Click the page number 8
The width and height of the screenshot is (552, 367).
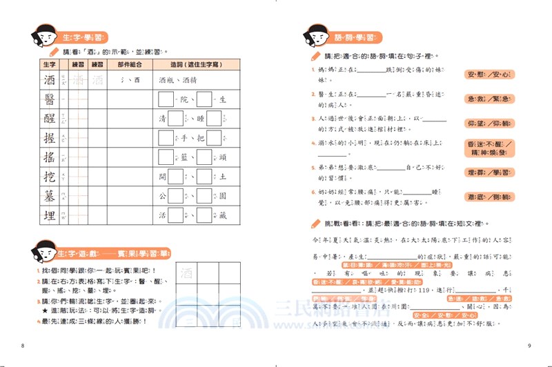click(x=23, y=345)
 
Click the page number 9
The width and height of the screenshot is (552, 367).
click(x=529, y=345)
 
